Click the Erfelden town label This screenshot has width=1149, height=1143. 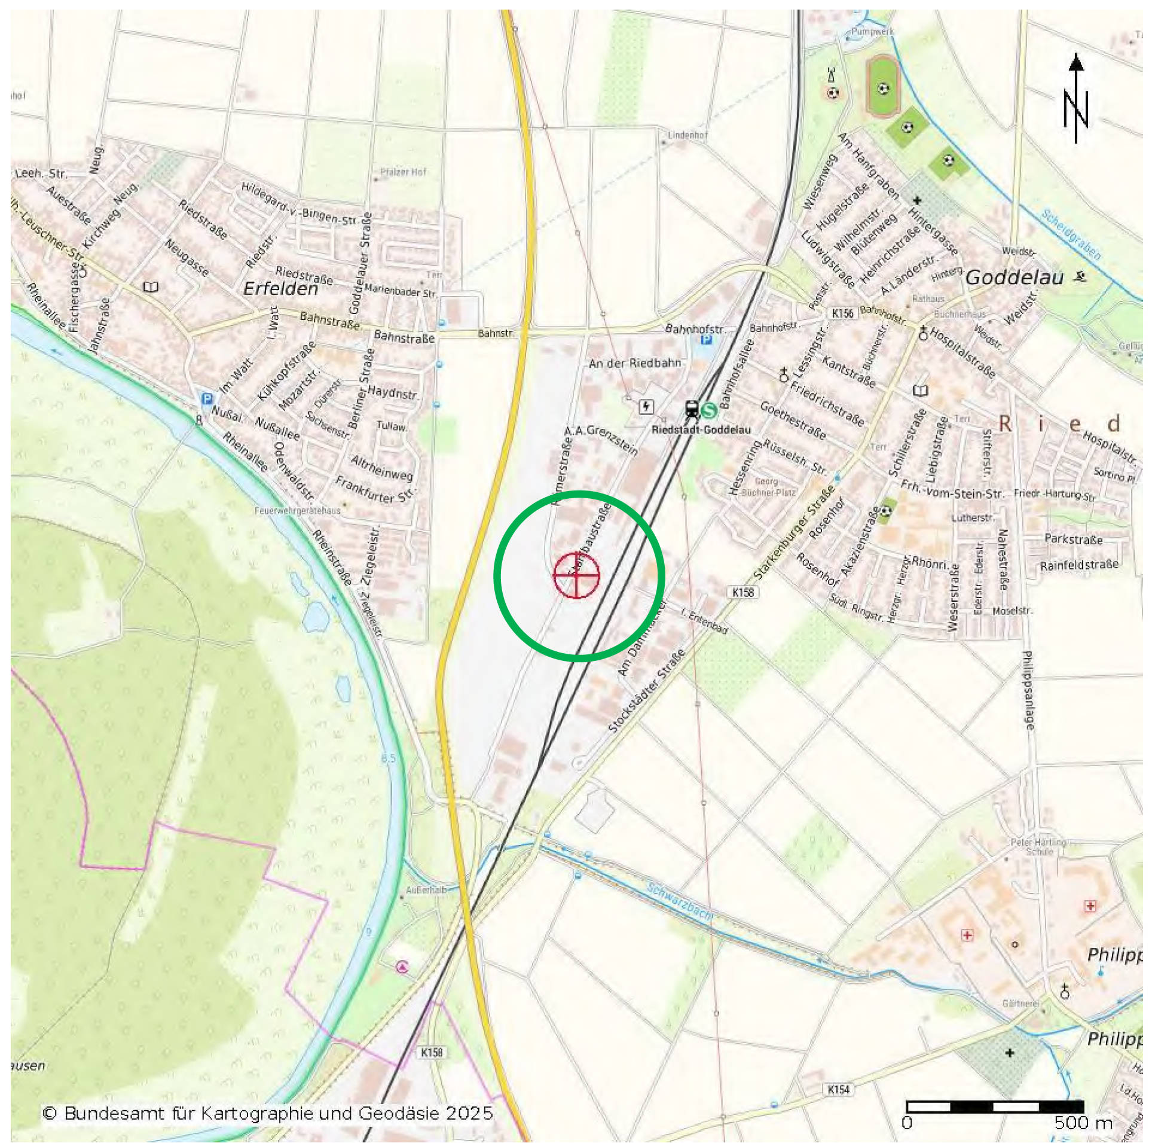click(x=280, y=289)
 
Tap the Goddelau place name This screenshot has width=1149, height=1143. click(x=1014, y=278)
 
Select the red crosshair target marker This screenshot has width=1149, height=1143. click(x=576, y=575)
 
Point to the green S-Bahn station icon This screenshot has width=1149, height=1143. click(x=709, y=410)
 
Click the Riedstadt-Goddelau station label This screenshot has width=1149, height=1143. click(x=701, y=429)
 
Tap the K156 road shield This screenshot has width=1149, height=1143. click(x=842, y=313)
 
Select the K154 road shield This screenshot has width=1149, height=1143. click(x=838, y=1089)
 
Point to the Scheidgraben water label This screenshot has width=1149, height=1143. click(x=1070, y=234)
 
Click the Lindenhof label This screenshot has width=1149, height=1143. click(x=687, y=135)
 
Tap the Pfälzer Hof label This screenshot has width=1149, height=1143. click(x=404, y=172)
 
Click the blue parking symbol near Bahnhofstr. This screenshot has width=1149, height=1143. click(x=707, y=340)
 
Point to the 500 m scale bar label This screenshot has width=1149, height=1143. click(x=1083, y=1123)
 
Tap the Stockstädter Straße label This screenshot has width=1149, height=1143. click(x=646, y=691)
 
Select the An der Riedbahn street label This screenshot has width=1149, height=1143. click(x=634, y=363)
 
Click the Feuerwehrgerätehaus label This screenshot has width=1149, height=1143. click(x=297, y=511)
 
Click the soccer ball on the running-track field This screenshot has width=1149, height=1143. click(x=883, y=89)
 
